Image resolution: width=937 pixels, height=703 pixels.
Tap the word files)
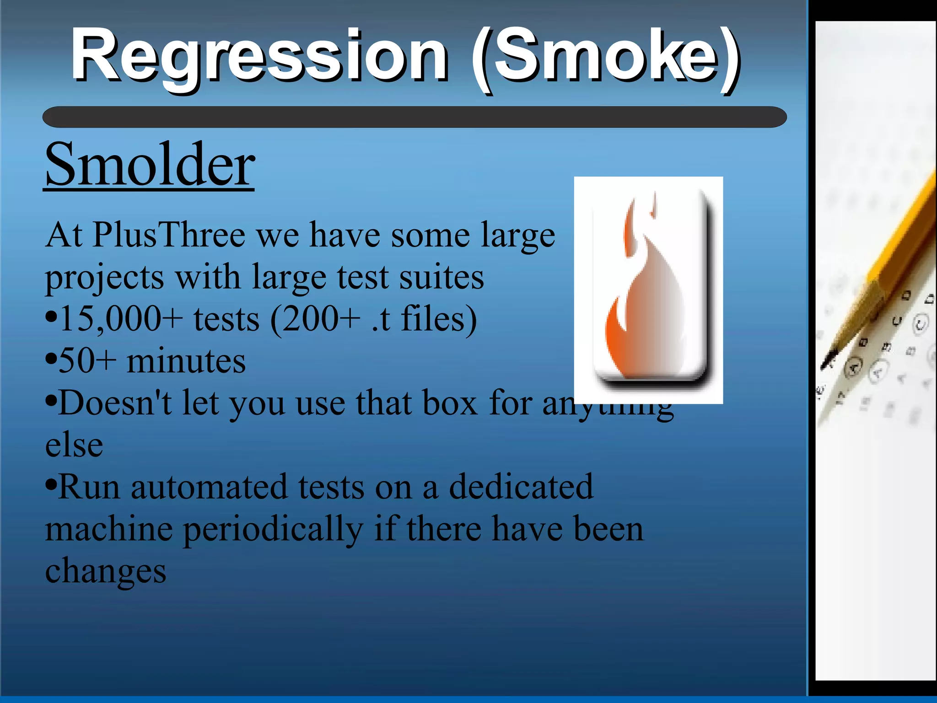coord(439,319)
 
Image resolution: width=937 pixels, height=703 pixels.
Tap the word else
coord(74,445)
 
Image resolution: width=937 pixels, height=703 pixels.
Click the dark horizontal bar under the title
coord(414,117)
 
